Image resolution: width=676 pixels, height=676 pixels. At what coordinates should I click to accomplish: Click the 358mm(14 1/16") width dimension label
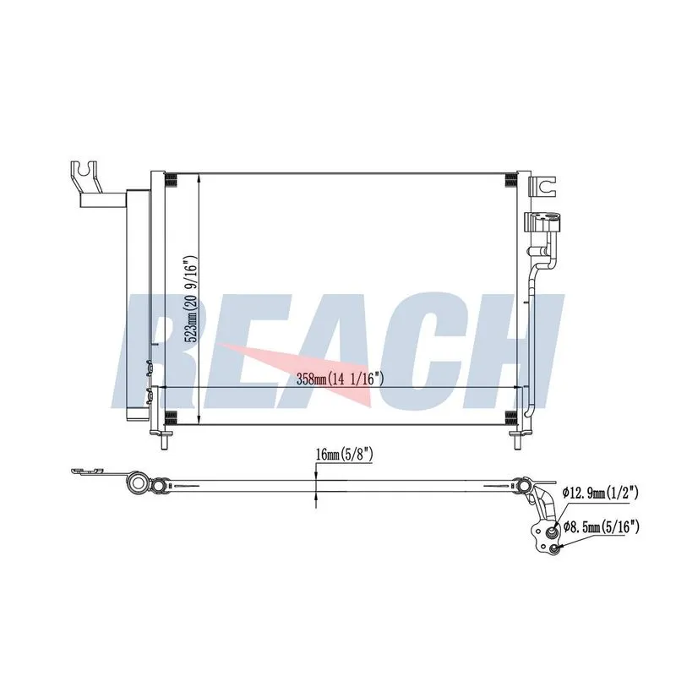click(x=341, y=379)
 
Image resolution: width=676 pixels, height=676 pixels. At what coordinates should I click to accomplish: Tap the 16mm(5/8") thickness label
click(x=344, y=455)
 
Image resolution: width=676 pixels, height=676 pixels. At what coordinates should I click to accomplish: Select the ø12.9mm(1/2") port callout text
click(x=600, y=493)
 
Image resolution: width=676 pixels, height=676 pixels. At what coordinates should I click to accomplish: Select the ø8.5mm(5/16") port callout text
click(x=601, y=526)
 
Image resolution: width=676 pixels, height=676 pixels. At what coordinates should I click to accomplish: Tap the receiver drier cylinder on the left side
click(x=138, y=304)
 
